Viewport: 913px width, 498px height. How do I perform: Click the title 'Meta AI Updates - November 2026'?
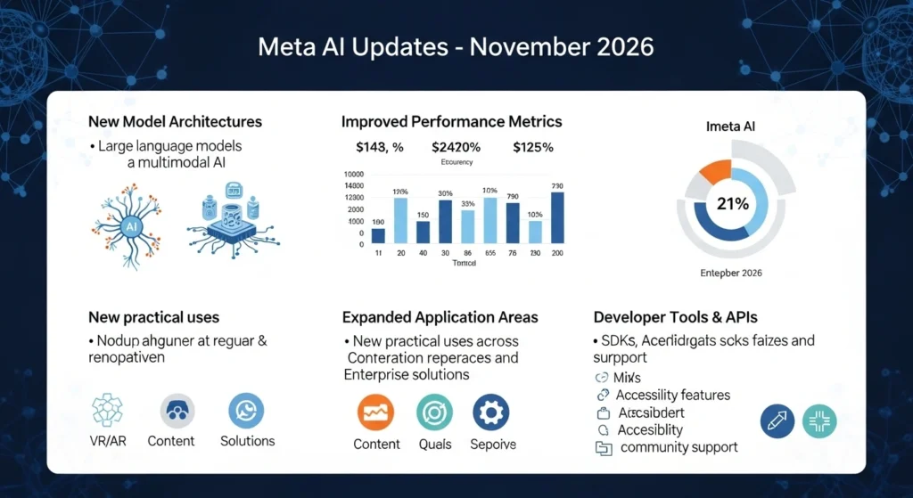(x=456, y=47)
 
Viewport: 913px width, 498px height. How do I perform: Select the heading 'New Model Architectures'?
(x=175, y=120)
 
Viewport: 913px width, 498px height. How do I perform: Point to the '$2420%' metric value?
(x=456, y=147)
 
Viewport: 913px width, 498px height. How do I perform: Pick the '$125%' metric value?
(x=532, y=147)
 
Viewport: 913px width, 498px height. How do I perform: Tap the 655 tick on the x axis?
(x=489, y=254)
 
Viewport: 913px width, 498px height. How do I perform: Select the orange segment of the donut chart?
(x=715, y=171)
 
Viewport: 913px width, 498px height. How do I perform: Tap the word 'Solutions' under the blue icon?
(x=247, y=441)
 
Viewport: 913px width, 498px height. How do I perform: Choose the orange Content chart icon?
(x=375, y=412)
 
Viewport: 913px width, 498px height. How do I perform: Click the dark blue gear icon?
(x=489, y=412)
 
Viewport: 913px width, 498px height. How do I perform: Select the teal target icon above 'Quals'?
(x=434, y=412)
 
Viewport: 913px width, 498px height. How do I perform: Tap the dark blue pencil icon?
(x=777, y=420)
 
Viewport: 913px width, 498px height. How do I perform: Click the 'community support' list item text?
(x=679, y=447)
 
